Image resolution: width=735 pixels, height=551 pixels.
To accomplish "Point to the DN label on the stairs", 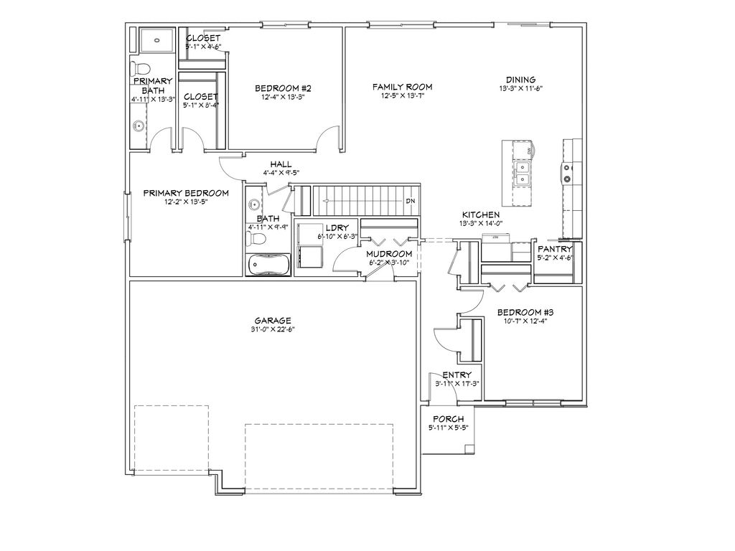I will [411, 201].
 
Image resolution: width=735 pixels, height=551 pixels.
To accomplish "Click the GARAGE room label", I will [272, 321].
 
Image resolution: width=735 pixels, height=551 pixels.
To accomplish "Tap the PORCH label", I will [449, 419].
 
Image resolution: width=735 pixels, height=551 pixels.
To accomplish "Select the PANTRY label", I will [555, 249].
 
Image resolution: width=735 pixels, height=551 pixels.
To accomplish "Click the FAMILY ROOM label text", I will [402, 87].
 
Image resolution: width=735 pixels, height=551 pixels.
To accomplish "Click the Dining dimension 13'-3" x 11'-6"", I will [520, 89].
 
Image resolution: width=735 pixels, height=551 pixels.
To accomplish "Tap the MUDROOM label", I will [389, 254].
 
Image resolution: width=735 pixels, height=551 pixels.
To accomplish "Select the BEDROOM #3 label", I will [525, 312].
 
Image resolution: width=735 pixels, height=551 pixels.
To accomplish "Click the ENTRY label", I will [457, 375].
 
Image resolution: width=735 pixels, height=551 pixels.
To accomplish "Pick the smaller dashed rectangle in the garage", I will [171, 438].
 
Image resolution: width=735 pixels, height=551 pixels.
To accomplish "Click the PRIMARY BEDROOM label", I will [186, 193].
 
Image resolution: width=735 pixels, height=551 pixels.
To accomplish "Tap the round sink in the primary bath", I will [138, 127].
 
